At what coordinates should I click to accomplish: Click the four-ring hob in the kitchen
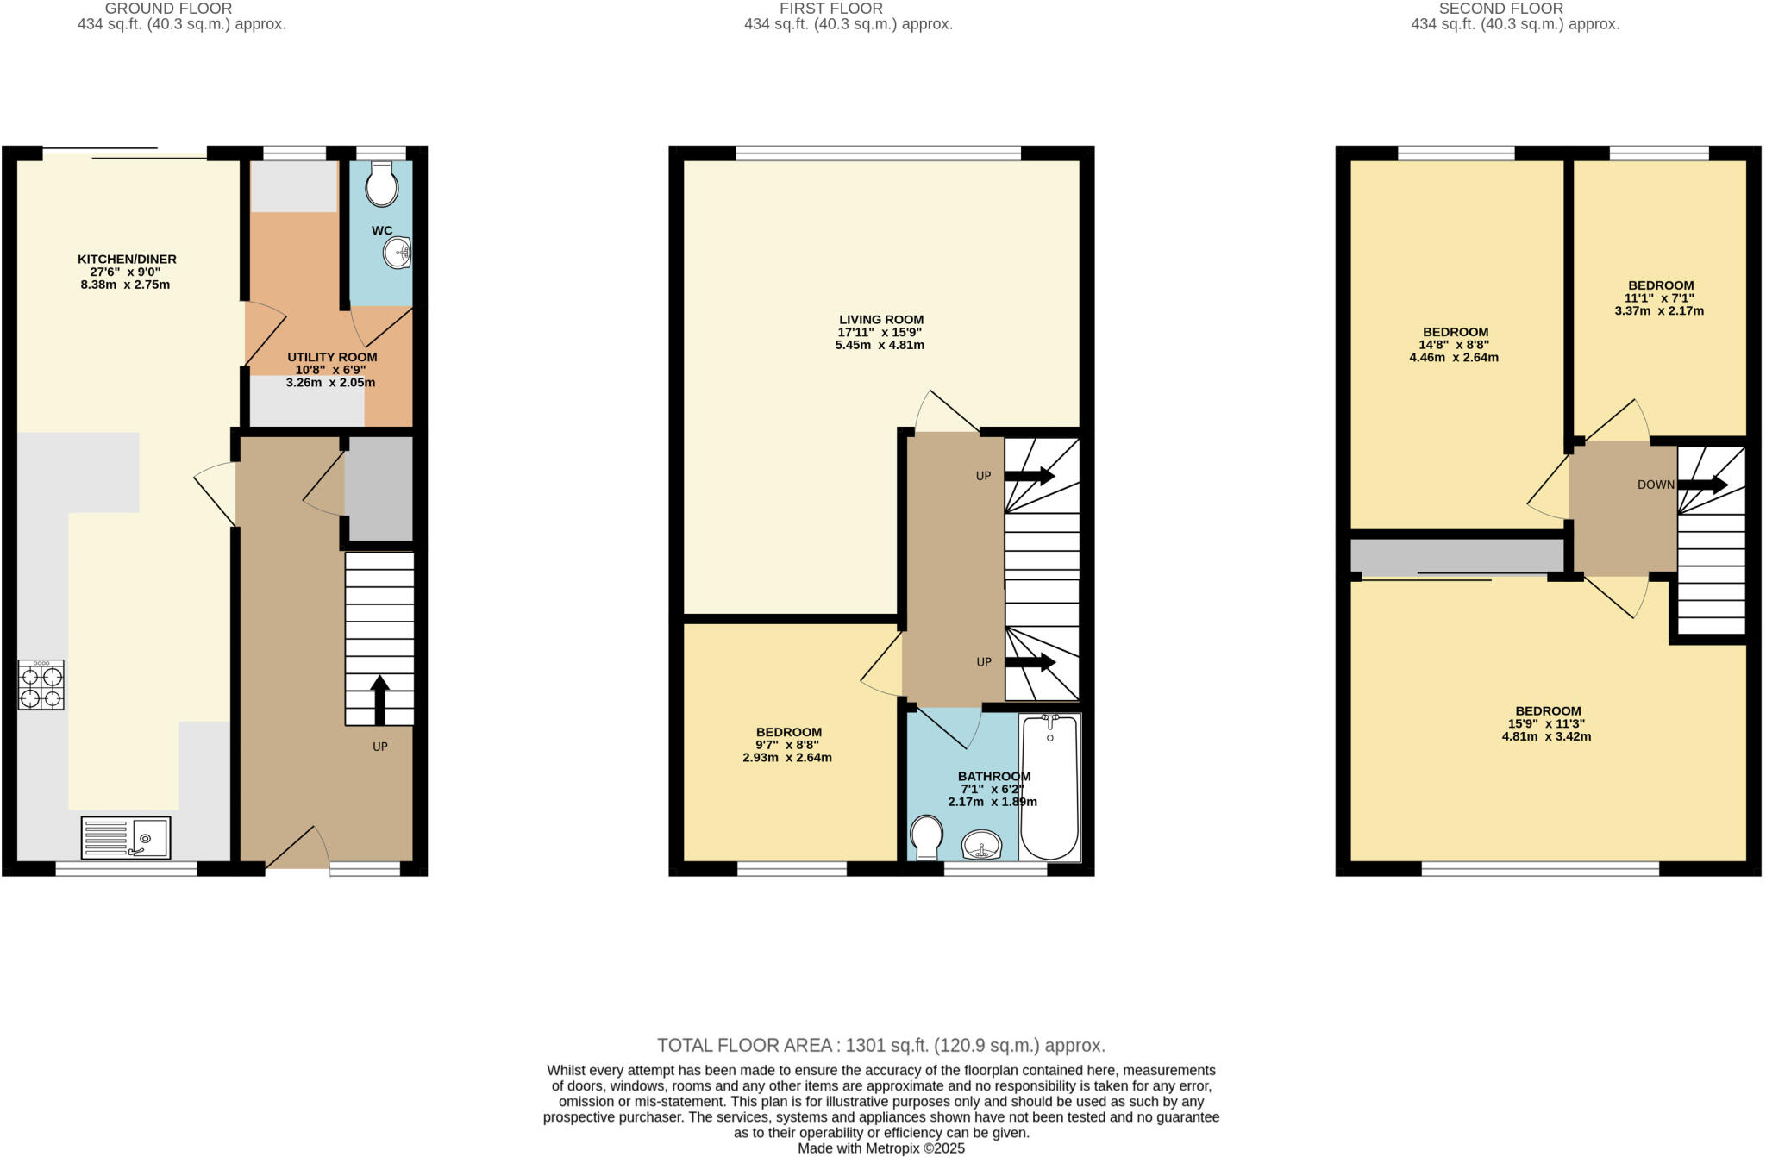[x=41, y=685]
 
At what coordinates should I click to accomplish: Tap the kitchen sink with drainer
[x=126, y=837]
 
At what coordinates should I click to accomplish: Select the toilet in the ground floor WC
[x=381, y=184]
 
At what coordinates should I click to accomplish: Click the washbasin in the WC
[x=398, y=253]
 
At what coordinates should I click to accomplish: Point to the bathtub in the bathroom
[x=1049, y=786]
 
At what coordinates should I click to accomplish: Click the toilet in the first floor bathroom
[x=926, y=837]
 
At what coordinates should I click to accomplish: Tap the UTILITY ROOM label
[x=332, y=357]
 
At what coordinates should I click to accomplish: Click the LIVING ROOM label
[x=881, y=320]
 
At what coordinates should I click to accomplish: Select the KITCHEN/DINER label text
[x=127, y=260]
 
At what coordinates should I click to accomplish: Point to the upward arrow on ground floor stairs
[x=379, y=699]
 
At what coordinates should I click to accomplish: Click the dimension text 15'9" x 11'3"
[x=1546, y=724]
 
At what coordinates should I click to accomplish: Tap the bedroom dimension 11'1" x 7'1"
[x=1659, y=298]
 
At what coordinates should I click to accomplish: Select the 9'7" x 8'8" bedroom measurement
[x=787, y=745]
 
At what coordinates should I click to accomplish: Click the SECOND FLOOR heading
[x=1500, y=9]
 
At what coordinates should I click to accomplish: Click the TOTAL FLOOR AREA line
[x=881, y=1046]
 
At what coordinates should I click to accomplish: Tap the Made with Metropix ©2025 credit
[x=881, y=1148]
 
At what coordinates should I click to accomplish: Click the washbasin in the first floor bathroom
[x=981, y=844]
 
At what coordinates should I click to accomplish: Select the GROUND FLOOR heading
[x=168, y=9]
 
